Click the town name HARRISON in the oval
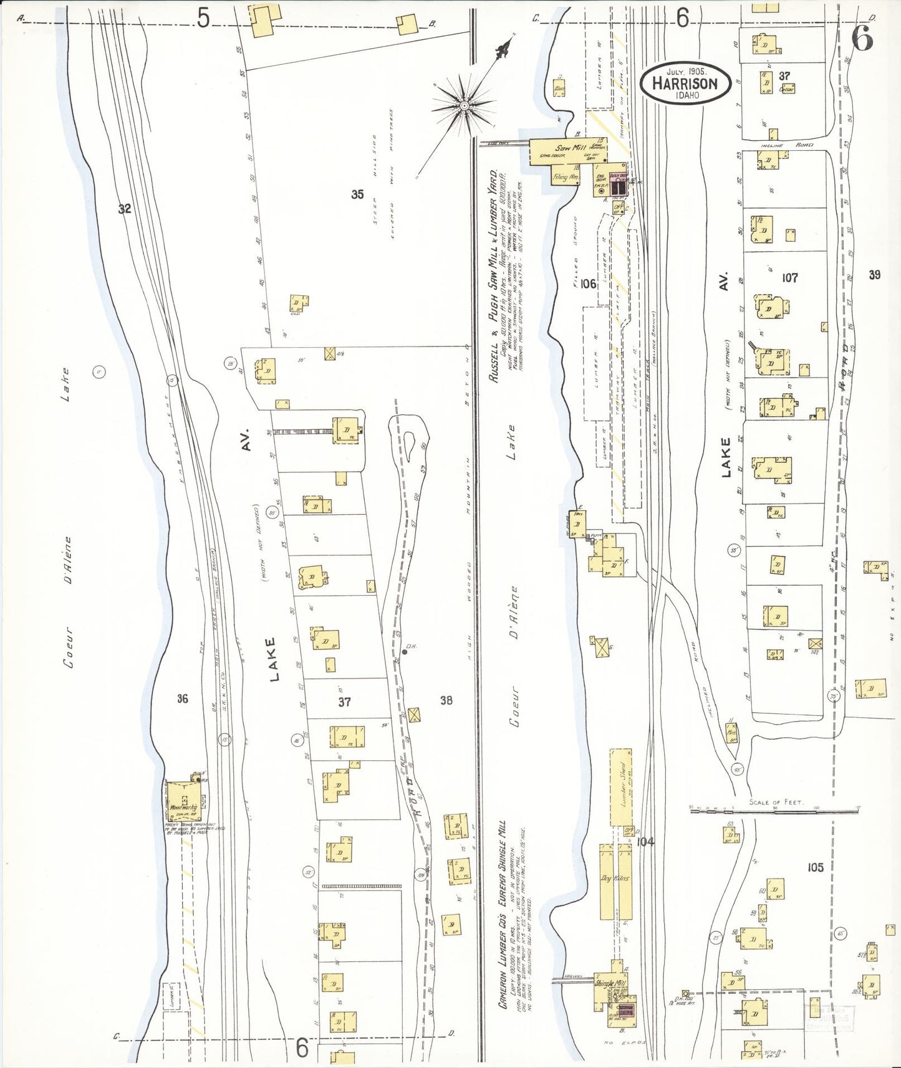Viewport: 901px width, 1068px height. [685, 83]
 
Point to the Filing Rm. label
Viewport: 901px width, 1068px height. [566, 178]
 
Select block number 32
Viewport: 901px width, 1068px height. [125, 209]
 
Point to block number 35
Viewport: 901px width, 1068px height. [357, 194]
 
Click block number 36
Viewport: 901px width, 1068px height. [182, 698]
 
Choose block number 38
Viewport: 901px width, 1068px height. [446, 700]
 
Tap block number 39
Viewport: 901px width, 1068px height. [874, 275]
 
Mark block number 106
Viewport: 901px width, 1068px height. [587, 284]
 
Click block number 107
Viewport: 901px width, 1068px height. [789, 278]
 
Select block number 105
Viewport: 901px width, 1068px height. [815, 867]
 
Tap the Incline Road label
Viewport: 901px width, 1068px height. [787, 145]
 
